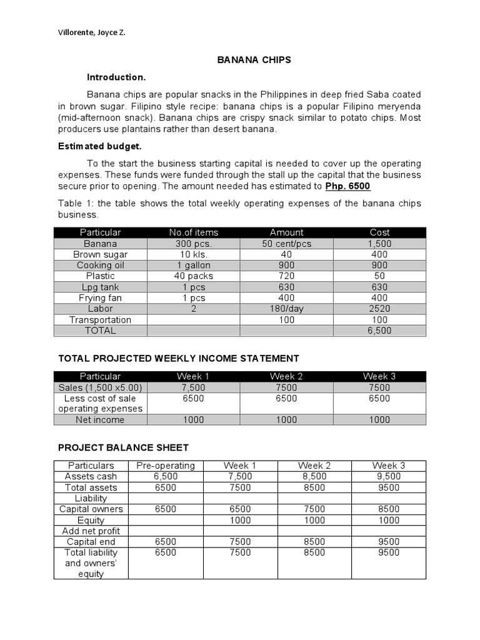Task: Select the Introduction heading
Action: coord(116,77)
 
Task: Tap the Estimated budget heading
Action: coord(100,146)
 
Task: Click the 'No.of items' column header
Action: coord(194,232)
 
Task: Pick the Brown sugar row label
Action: coord(100,254)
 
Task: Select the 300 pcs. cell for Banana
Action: coord(194,244)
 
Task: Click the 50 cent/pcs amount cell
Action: coord(286,244)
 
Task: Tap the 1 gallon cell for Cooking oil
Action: coord(194,265)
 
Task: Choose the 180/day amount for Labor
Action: coord(286,309)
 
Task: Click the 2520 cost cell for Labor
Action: coord(379,309)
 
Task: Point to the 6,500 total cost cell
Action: coord(379,331)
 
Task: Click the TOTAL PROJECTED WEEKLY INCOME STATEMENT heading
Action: coord(179,358)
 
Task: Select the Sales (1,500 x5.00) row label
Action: coord(100,387)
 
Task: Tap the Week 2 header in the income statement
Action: coord(286,376)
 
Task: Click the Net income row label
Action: coord(100,420)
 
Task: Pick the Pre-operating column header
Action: coord(166,466)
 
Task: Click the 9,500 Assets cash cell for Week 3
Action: coord(389,476)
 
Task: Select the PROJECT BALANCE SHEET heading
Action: coord(123,447)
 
